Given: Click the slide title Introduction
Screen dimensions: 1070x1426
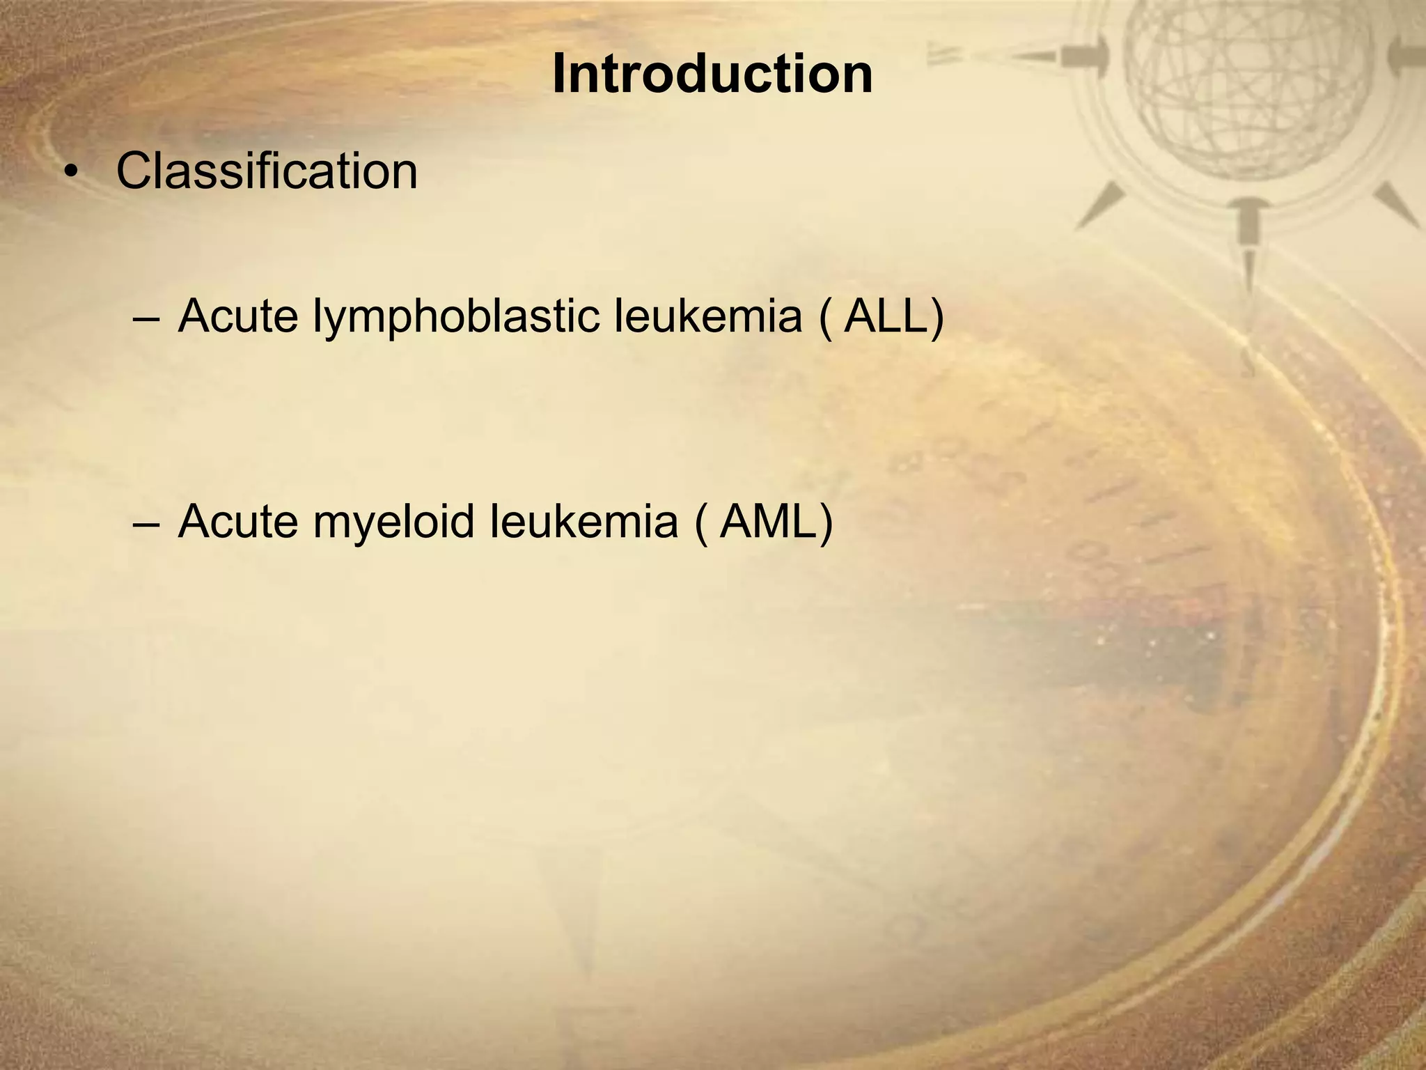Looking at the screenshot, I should pyautogui.click(x=712, y=75).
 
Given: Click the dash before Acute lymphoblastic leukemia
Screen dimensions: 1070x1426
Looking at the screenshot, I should pyautogui.click(x=144, y=318).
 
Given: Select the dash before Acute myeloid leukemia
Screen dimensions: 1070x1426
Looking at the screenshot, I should pyautogui.click(x=144, y=523).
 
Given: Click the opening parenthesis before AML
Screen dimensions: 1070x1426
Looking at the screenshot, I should pyautogui.click(x=701, y=522).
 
